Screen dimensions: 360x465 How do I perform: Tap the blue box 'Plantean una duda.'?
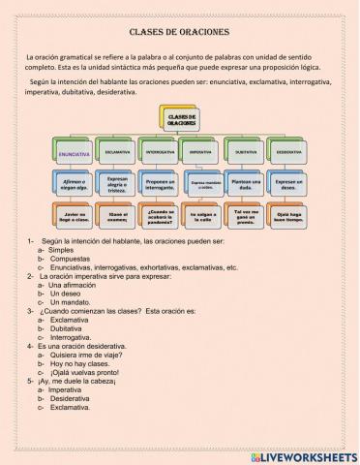[246, 184]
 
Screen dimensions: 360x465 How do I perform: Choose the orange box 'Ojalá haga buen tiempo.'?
[288, 216]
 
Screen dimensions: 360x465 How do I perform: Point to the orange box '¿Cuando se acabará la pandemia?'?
[161, 216]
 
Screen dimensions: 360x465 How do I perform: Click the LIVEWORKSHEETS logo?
[302, 455]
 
